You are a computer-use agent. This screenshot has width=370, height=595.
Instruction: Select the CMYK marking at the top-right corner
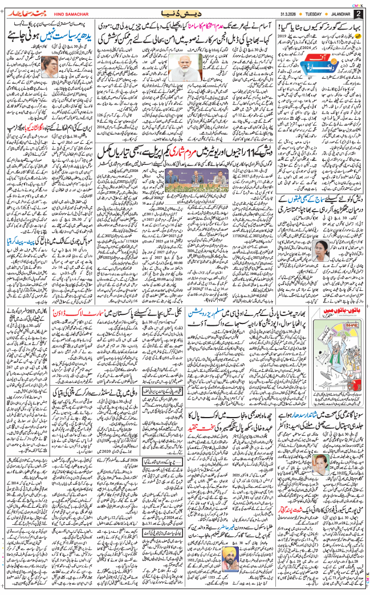pos(357,4)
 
